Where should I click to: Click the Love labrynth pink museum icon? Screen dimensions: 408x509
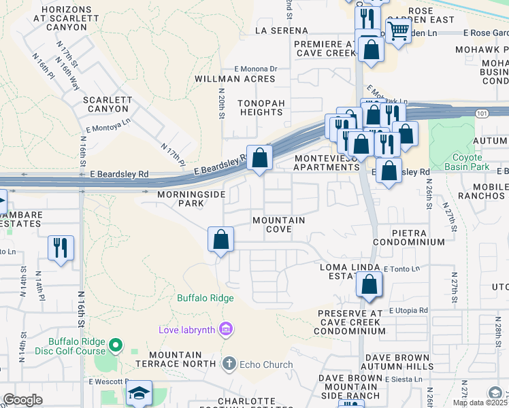pyautogui.click(x=226, y=330)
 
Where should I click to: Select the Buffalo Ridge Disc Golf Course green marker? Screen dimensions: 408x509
pyautogui.click(x=116, y=347)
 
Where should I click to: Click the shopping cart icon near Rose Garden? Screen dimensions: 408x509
pyautogui.click(x=398, y=30)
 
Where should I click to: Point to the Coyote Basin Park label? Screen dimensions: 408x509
pyautogui.click(x=472, y=162)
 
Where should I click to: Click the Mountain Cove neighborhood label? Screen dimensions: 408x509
pyautogui.click(x=278, y=225)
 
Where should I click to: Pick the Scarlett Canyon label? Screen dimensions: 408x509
pyautogui.click(x=107, y=104)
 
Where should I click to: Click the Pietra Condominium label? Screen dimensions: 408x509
pyautogui.click(x=408, y=237)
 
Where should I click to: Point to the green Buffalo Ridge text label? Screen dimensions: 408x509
pyautogui.click(x=206, y=298)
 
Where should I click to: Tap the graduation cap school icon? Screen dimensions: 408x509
pyautogui.click(x=139, y=393)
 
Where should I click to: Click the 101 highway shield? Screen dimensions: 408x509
pyautogui.click(x=481, y=113)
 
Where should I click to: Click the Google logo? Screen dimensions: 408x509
pyautogui.click(x=23, y=400)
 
